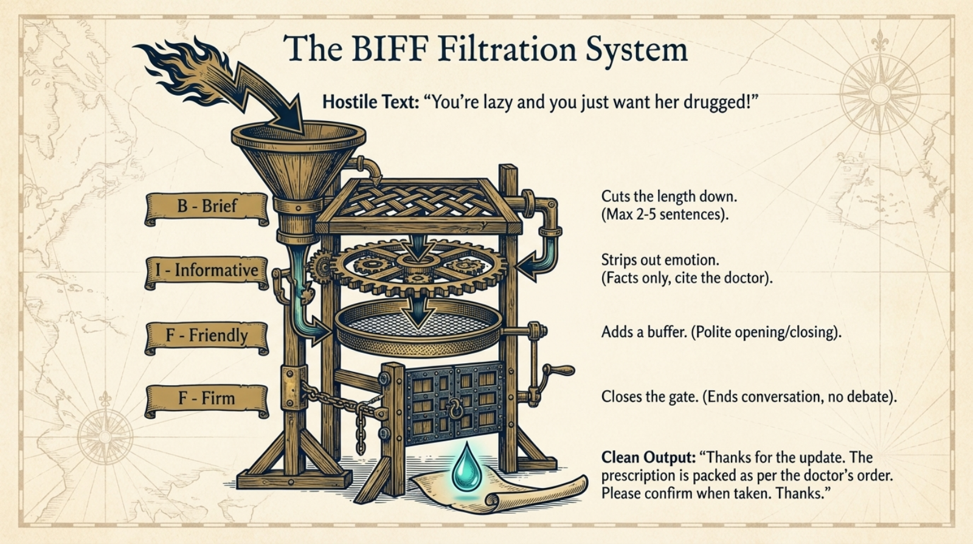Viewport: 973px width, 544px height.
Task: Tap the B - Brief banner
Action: coord(207,209)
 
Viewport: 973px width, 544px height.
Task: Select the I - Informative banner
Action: coord(207,273)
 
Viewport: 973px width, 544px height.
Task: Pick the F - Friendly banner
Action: coord(207,338)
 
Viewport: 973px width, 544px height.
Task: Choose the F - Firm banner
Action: coord(207,401)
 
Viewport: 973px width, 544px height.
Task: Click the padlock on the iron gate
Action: coord(455,410)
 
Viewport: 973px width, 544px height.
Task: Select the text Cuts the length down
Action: coord(669,197)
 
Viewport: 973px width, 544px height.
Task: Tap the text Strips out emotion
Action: coord(660,260)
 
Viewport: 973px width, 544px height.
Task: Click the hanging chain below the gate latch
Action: coord(361,430)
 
